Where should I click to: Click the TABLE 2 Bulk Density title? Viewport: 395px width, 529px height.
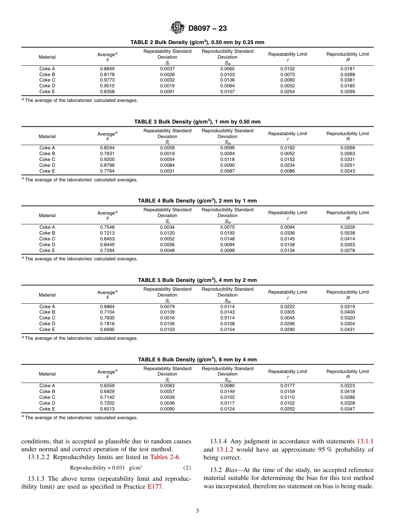point(197,42)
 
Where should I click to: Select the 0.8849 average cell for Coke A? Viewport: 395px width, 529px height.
point(107,69)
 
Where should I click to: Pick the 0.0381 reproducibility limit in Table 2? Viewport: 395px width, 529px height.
point(347,80)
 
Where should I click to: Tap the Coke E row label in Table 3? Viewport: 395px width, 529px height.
point(47,171)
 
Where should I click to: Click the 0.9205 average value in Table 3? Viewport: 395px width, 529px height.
point(107,159)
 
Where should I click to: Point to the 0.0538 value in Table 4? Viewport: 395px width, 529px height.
point(347,233)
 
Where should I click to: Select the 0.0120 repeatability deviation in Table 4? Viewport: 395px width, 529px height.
point(167,233)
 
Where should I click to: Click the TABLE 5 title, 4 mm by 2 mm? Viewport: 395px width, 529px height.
point(197,280)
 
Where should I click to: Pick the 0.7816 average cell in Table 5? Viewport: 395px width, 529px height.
point(107,324)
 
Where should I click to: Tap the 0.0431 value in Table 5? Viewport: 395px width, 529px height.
point(347,329)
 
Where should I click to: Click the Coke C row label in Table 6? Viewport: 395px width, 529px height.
point(47,397)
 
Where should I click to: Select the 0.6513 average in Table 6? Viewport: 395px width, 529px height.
point(107,409)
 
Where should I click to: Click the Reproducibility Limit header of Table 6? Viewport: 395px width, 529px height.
point(347,371)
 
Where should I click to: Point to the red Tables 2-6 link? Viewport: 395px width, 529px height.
point(165,457)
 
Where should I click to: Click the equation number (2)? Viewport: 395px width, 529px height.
point(187,467)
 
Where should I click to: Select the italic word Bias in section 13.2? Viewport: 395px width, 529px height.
point(227,470)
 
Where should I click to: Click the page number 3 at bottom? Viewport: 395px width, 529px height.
point(197,511)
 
